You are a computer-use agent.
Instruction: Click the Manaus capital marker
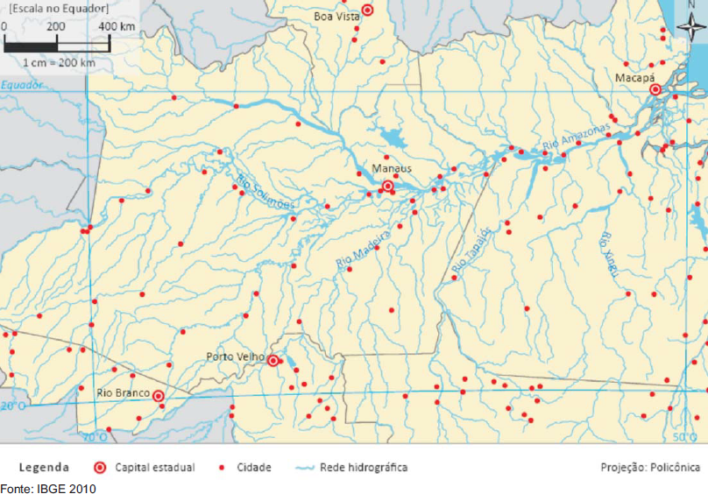tap(388, 187)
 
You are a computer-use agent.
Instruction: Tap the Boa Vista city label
tap(336, 16)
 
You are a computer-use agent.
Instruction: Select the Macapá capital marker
tap(655, 90)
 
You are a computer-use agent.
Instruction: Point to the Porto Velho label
tap(230, 356)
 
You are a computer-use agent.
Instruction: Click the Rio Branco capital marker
tap(159, 396)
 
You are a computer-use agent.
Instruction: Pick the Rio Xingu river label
tap(609, 255)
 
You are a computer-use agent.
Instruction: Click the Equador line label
tap(22, 85)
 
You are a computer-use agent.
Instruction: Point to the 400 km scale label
tap(117, 26)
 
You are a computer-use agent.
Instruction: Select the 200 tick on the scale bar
tap(56, 26)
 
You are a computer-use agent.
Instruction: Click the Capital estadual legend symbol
tap(100, 468)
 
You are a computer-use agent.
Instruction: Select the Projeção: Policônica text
tap(650, 468)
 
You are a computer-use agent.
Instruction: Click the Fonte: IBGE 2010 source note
tap(48, 488)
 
